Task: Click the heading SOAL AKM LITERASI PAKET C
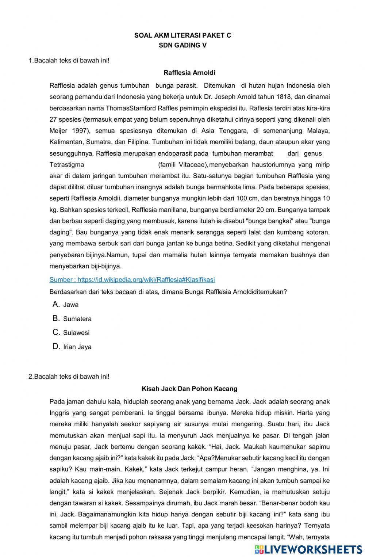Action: pos(182,35)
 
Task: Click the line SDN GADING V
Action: pos(182,46)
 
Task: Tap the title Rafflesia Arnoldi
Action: pos(189,73)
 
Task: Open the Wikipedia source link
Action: pos(132,280)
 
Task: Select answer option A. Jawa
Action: pos(70,305)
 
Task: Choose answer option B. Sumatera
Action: pos(77,319)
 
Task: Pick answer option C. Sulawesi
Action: pos(76,333)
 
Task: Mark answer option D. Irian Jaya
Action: pos(77,347)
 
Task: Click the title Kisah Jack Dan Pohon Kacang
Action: pos(189,389)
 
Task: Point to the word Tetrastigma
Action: pos(67,164)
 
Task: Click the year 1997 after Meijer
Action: pos(80,131)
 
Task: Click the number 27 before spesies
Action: pos(53,119)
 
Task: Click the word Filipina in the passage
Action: pos(138,142)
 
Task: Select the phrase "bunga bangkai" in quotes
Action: pos(269,221)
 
